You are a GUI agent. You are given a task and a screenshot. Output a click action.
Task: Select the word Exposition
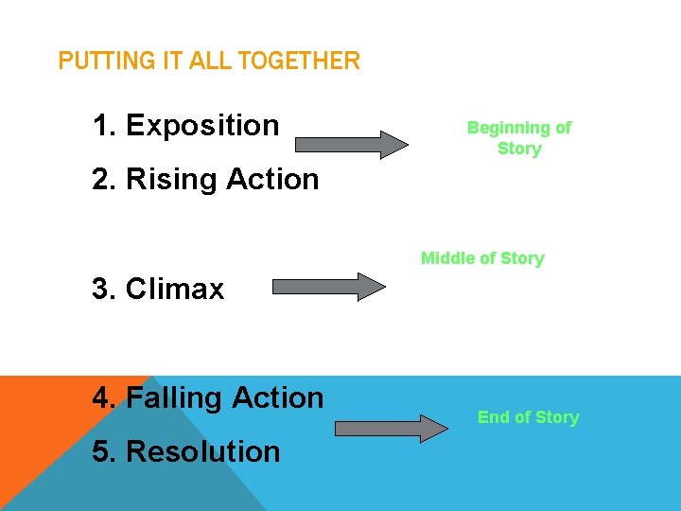(202, 125)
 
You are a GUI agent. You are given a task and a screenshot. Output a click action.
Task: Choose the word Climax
(175, 289)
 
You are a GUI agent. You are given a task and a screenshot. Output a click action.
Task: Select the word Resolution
(202, 451)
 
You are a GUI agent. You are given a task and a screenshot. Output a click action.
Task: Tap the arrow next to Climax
(329, 286)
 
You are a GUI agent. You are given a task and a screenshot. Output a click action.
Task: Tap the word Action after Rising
(275, 179)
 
